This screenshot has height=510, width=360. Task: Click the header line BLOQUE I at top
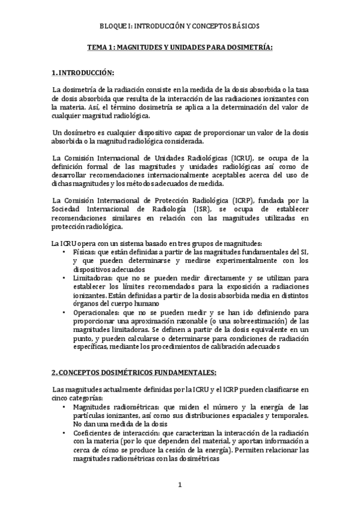point(180,26)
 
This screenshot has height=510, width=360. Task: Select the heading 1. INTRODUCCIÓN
point(83,73)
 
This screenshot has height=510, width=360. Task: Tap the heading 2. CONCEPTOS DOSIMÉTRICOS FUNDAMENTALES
point(133,372)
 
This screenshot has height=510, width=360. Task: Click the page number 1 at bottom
point(180,484)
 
